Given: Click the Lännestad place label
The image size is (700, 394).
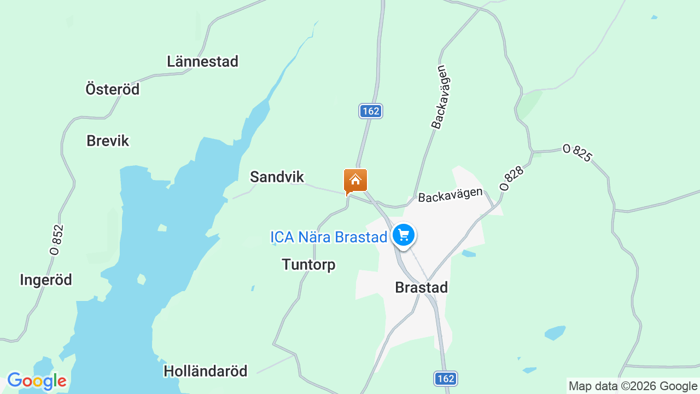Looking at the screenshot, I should point(202,61).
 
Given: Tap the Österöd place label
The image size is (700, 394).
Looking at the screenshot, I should point(113,89).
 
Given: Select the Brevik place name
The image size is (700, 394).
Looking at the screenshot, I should point(108,141).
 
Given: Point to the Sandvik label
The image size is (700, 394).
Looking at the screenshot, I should point(277,176).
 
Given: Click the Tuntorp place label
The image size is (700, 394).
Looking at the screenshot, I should point(308,264).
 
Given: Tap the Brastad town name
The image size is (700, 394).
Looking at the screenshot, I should point(421,287).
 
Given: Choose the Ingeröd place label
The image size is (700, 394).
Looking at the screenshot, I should point(46,280).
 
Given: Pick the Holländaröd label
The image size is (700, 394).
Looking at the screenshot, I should point(206,371).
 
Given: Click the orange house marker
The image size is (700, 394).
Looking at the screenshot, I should point(355,180).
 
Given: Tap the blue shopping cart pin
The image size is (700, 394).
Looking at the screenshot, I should point(404,235).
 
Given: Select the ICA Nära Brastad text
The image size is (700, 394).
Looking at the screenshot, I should point(329,237).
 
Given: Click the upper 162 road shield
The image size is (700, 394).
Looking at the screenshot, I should point(371,111).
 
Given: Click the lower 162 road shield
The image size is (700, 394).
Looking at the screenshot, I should point(446,378).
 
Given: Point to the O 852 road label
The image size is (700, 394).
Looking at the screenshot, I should point(56,240).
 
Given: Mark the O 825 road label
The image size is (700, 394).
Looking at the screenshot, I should point(577,153).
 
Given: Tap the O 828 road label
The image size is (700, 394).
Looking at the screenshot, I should point(512,178).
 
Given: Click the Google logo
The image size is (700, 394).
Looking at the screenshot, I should point(37,381).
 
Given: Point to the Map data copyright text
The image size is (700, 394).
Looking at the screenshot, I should point(633,386).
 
